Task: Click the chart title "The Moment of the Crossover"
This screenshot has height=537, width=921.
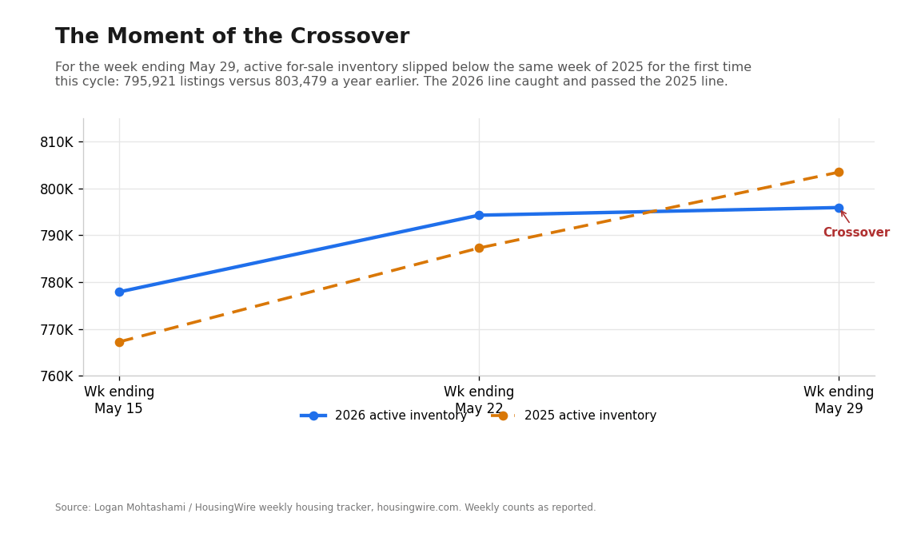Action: coord(232,37)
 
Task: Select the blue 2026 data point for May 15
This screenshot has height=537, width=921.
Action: coord(119,292)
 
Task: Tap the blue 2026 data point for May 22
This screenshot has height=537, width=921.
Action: coord(480,216)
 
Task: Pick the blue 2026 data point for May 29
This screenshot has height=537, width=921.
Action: coord(839,208)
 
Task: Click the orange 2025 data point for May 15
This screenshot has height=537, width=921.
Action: coord(119,342)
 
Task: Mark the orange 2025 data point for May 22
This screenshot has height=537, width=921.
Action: coord(480,249)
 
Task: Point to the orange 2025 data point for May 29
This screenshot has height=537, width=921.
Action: coord(839,173)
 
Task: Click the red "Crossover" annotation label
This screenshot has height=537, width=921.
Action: coord(856,233)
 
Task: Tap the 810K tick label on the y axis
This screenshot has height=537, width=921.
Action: coord(57,142)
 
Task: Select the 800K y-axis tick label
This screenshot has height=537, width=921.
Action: coord(57,189)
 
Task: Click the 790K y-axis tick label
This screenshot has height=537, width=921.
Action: coord(57,236)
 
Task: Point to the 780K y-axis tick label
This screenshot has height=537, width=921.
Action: coord(57,282)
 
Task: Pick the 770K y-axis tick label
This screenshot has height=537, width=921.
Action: coord(57,329)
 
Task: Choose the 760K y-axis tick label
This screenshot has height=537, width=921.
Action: coord(57,376)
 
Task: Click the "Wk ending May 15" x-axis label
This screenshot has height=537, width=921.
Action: coord(119,400)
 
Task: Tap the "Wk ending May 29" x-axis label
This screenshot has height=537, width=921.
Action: coord(839,400)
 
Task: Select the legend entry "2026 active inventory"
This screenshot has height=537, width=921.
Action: coord(384,416)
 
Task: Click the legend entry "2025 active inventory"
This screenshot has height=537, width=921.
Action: coord(574,416)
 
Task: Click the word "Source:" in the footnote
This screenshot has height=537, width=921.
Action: coord(73,507)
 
